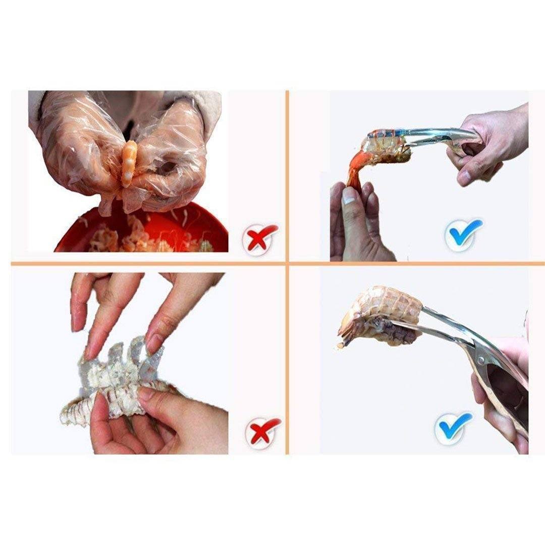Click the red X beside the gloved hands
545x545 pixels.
click(x=259, y=239)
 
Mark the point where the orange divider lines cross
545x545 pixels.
click(x=287, y=263)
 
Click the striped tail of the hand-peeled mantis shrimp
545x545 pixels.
click(x=73, y=411)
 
